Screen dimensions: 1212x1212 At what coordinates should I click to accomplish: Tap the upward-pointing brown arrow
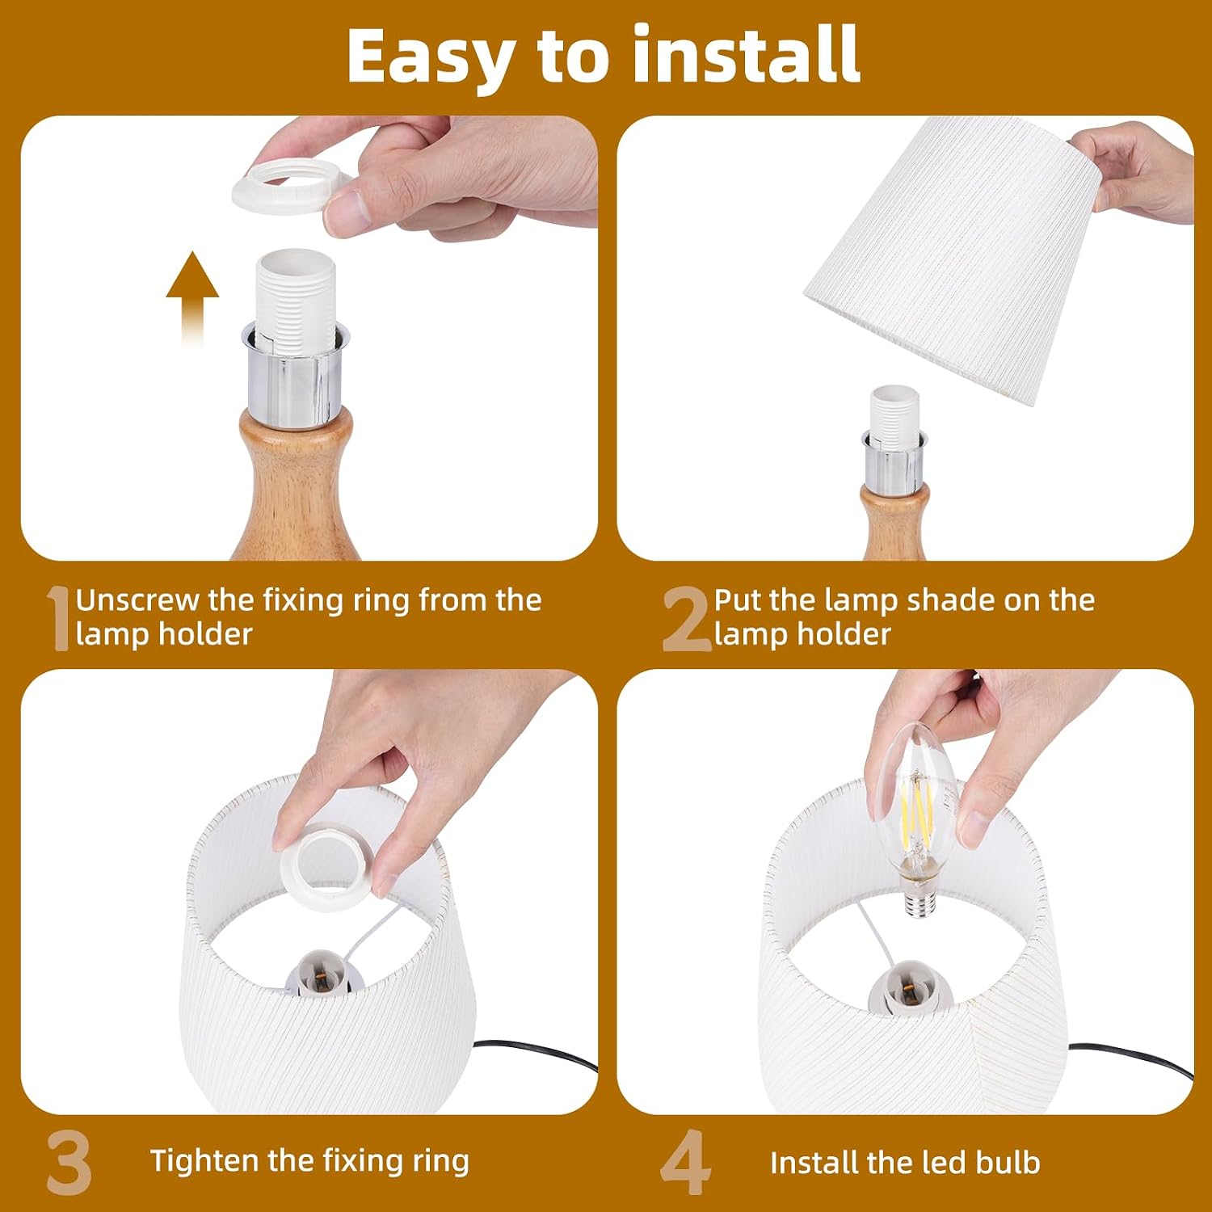pyautogui.click(x=192, y=298)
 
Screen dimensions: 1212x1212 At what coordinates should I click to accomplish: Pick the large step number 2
pyautogui.click(x=687, y=620)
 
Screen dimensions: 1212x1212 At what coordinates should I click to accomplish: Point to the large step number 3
pyautogui.click(x=69, y=1164)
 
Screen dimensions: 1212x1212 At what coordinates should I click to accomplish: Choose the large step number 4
pyautogui.click(x=686, y=1164)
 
